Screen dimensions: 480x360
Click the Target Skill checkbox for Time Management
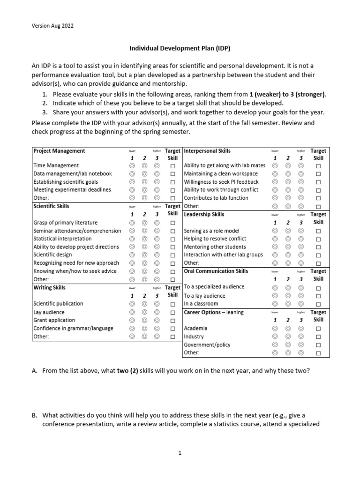(173, 166)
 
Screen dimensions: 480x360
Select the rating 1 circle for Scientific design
(132, 255)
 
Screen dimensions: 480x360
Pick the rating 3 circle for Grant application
(157, 321)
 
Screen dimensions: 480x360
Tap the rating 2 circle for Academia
(288, 329)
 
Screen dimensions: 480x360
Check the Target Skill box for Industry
(319, 337)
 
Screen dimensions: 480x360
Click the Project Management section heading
(59, 151)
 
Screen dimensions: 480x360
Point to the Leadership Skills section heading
(204, 214)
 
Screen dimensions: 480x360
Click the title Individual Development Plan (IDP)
(180, 48)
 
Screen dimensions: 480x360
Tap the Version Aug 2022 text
(52, 26)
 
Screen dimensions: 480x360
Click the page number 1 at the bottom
(180, 453)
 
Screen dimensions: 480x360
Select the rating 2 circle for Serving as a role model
(288, 231)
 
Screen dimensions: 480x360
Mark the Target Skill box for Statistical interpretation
(173, 239)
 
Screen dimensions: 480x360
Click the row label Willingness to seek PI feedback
(221, 182)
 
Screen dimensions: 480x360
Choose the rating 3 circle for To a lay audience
(301, 296)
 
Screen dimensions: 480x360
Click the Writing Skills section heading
(49, 287)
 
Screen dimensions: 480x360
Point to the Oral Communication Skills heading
(216, 271)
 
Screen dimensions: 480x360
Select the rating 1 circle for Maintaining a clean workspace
(275, 174)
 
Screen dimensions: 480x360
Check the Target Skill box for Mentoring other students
(319, 247)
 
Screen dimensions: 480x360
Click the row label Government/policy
(207, 345)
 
